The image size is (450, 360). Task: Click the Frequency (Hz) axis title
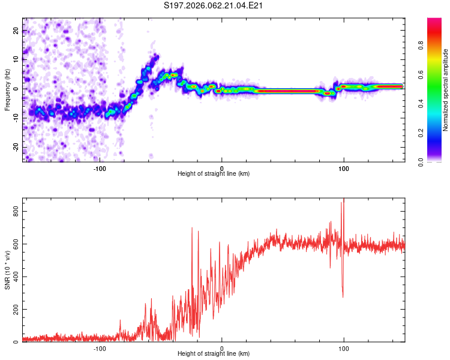coord(7,91)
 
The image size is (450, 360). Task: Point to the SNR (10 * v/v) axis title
coord(7,269)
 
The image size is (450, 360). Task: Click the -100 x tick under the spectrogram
coord(100,169)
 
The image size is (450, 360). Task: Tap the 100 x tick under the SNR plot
coord(344,349)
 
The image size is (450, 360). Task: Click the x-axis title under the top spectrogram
coord(214,174)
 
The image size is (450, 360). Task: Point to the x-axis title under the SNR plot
coord(214,354)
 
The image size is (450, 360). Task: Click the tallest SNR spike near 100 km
coord(344,199)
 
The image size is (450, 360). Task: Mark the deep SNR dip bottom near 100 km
coord(343,296)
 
